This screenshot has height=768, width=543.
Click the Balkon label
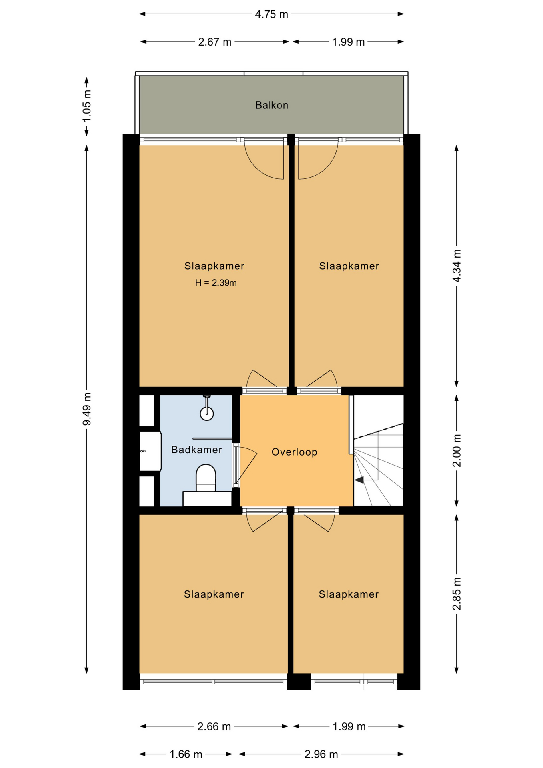[x=271, y=105]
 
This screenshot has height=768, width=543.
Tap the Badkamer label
[x=196, y=450]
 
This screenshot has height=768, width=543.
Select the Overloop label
[x=294, y=452]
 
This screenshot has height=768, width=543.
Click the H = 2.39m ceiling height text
[x=216, y=283]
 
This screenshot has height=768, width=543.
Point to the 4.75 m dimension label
[x=271, y=14]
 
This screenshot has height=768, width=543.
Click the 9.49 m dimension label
[x=87, y=409]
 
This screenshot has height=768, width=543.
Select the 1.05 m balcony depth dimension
[x=87, y=106]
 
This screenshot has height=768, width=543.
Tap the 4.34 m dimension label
[x=457, y=266]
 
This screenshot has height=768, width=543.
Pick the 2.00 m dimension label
[x=457, y=450]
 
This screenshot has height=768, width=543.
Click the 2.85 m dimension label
[x=457, y=594]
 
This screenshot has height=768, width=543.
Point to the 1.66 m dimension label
[x=186, y=754]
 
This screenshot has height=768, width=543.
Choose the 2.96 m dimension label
[x=321, y=754]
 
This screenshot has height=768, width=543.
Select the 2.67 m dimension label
[x=215, y=42]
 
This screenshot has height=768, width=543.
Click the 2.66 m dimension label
[x=214, y=726]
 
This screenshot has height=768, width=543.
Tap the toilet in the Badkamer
[x=206, y=478]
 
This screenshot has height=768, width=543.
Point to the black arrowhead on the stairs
[x=359, y=480]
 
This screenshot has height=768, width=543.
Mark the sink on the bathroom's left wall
[x=150, y=451]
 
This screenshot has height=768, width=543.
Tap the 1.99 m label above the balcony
[x=348, y=42]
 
